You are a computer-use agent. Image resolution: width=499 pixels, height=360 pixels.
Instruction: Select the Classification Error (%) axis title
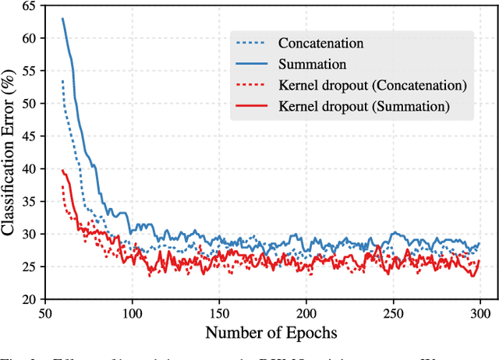tap(10, 153)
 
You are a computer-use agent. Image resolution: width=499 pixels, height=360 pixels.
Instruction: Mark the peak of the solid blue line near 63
tap(62, 19)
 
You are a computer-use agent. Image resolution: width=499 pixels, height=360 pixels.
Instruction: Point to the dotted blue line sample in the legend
tap(250, 44)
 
